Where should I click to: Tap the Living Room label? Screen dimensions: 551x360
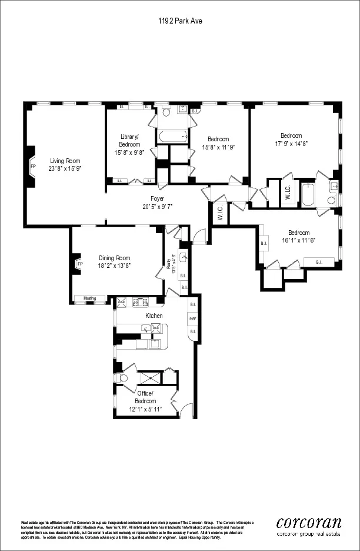tap(65, 161)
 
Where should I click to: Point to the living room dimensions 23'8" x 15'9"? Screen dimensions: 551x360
tap(65, 168)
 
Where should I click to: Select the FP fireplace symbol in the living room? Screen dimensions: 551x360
tap(33, 166)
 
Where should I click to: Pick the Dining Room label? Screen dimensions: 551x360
tap(115, 258)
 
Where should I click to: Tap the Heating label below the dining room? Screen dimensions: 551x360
tap(89, 298)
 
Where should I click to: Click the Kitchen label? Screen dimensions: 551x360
tap(154, 316)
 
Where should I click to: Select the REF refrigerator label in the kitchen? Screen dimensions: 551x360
tap(192, 318)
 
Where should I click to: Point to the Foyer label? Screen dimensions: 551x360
tap(157, 199)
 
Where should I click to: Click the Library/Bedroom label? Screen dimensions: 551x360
tap(129, 140)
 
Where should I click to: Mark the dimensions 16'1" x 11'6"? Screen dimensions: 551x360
tap(299, 240)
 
